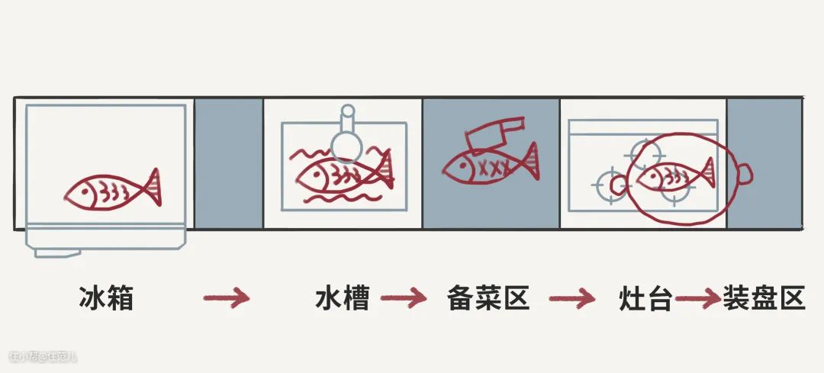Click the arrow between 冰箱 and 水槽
[227, 298]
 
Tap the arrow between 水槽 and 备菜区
[404, 298]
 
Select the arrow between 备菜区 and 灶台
[572, 298]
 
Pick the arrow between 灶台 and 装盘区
[697, 298]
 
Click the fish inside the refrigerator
[112, 189]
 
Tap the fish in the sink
[343, 174]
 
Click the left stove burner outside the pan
[609, 185]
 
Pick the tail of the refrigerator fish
[151, 186]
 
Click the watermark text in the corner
[43, 356]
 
